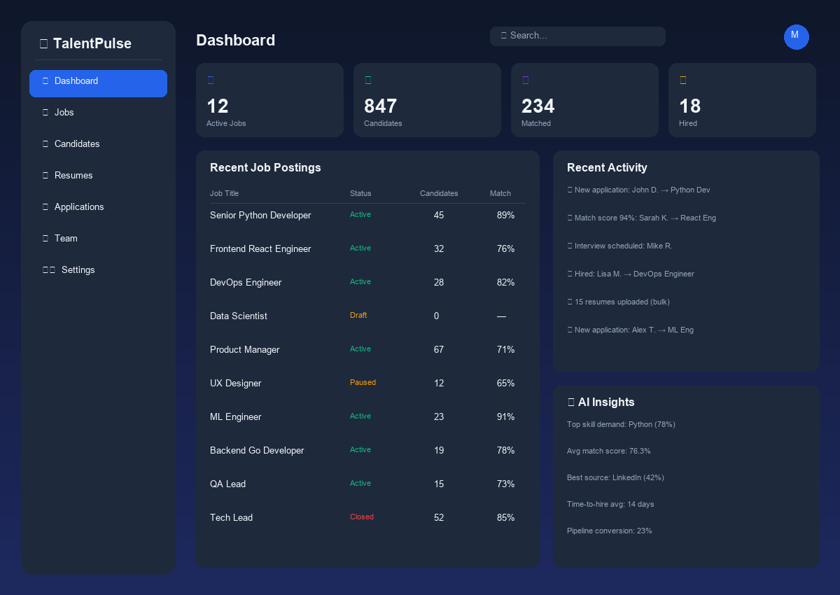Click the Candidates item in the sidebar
tap(77, 143)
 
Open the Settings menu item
tap(77, 269)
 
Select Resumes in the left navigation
tap(73, 175)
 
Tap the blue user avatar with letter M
tap(796, 36)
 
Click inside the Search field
tap(577, 36)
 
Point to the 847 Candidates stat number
tap(380, 106)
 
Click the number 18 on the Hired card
tap(689, 106)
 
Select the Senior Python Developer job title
tap(260, 215)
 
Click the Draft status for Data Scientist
tap(358, 315)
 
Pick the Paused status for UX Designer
tap(363, 382)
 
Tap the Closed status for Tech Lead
tap(362, 517)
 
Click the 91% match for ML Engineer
tap(505, 416)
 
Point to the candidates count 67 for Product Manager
tap(439, 349)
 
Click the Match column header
tap(500, 193)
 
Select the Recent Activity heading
tap(607, 167)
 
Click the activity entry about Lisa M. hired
tap(633, 274)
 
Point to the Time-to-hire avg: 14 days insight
tap(610, 504)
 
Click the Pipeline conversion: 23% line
tap(609, 531)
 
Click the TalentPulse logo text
tap(92, 43)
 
